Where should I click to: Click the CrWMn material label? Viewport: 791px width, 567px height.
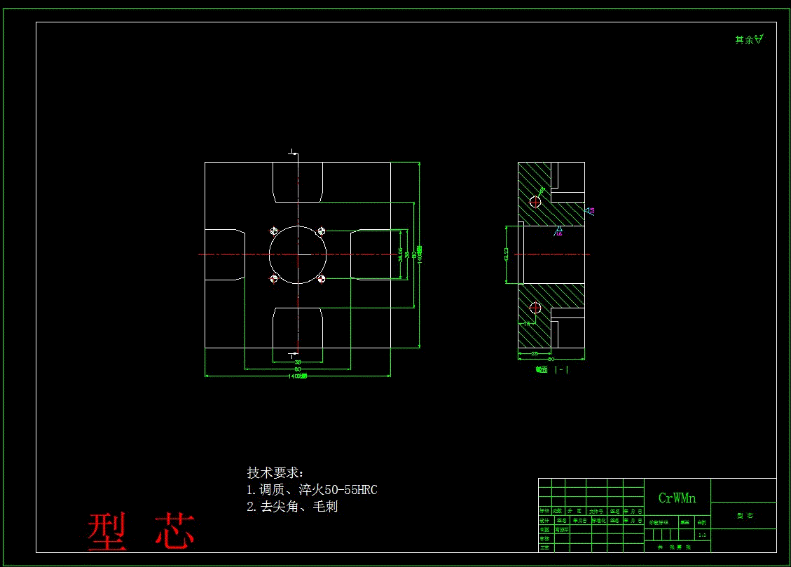point(677,498)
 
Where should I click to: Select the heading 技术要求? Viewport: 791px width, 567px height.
point(275,473)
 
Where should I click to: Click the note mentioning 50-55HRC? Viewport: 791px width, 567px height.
point(312,490)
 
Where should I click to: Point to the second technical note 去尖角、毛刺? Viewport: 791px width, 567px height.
point(292,507)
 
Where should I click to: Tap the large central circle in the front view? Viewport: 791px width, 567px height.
point(298,254)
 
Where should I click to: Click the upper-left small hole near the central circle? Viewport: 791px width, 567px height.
point(274,231)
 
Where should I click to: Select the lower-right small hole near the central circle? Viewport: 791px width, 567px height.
point(321,279)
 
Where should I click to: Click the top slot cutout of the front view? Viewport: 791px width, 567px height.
point(298,182)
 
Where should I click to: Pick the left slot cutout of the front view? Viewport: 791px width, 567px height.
point(224,254)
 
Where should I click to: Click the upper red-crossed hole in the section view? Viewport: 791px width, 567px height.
point(536,202)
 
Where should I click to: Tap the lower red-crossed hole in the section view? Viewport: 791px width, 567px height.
point(536,307)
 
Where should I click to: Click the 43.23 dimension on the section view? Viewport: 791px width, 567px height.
point(507,254)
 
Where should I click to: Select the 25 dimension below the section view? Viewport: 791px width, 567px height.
point(535,353)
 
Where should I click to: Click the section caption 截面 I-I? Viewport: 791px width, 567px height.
point(551,370)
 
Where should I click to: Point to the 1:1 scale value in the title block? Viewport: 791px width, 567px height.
point(702,535)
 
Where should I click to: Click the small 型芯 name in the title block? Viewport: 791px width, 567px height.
point(744,516)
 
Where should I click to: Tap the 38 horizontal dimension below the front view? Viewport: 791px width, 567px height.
point(298,362)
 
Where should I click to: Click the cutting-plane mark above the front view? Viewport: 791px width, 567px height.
point(294,152)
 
